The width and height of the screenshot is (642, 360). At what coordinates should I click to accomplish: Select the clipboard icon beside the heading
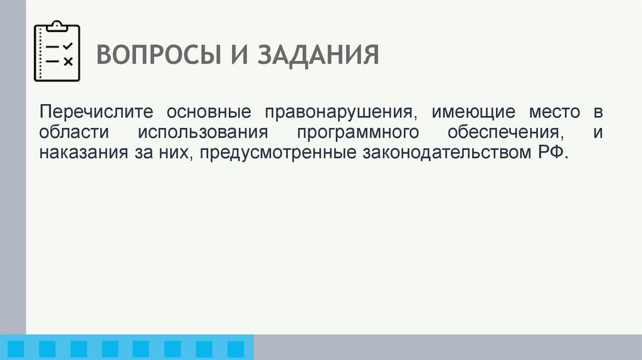pyautogui.click(x=56, y=52)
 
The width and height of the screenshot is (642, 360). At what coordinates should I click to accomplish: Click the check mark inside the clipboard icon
pyautogui.click(x=68, y=46)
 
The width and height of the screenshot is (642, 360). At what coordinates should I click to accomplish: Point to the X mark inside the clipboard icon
pyautogui.click(x=68, y=61)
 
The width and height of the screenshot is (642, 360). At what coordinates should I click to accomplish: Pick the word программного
pyautogui.click(x=358, y=133)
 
